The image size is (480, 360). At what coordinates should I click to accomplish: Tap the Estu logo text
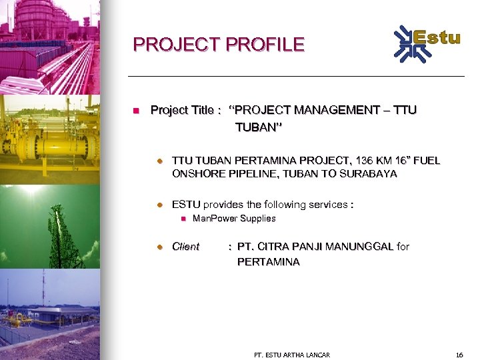[x=437, y=37]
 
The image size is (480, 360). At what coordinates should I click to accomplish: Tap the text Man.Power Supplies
[x=233, y=219]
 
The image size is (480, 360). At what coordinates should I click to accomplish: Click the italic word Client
[x=185, y=247]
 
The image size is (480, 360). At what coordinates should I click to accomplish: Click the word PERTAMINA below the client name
[x=268, y=262]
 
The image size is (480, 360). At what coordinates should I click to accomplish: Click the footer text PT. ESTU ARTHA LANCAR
[x=292, y=355]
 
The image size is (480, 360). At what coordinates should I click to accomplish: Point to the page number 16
[x=459, y=355]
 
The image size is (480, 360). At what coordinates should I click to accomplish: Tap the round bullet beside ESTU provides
[x=160, y=205]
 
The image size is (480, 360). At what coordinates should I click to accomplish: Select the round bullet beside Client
[x=160, y=247]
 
